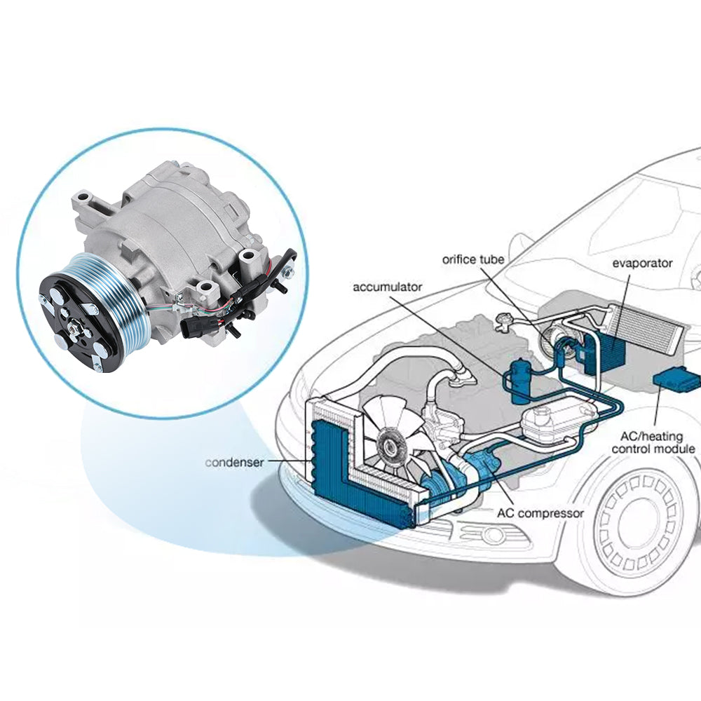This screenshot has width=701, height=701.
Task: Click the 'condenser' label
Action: coord(234,463)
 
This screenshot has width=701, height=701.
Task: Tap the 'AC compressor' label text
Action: coord(540,513)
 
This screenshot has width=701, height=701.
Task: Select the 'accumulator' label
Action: coord(388,287)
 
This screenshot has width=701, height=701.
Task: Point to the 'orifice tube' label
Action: coord(473,259)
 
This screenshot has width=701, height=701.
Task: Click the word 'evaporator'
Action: coord(642,264)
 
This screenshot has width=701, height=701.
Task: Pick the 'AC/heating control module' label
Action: coord(653,442)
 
